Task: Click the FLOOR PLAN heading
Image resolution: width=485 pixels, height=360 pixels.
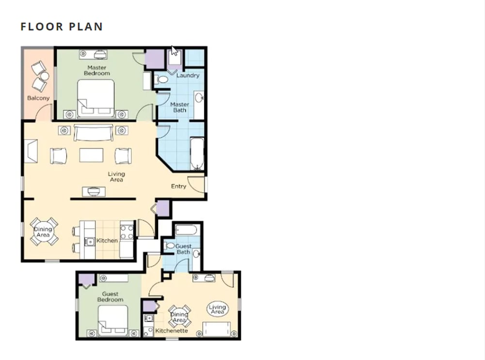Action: pos(62,27)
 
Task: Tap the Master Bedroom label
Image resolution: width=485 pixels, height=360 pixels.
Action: pos(97,70)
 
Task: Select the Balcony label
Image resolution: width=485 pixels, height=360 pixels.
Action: pos(38,98)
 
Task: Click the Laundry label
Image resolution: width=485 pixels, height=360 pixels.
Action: pos(188,75)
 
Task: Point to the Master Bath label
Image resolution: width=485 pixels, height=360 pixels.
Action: pos(180,107)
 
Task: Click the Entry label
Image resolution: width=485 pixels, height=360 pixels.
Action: pos(179,186)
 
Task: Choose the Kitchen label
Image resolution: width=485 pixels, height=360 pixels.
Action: pos(107,241)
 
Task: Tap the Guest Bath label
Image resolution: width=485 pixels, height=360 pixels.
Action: pos(183,249)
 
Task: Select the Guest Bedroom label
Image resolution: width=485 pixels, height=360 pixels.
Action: pos(110,296)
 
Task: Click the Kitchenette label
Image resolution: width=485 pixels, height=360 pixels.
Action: pos(171,330)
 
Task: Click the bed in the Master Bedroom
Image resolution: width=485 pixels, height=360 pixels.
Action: pos(96,98)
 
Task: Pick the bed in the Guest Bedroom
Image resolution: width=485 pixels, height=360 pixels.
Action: pos(113,321)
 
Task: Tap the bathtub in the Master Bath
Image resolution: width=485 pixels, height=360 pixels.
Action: pos(197,154)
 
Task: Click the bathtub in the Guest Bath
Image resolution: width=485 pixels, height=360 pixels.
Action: pos(186,230)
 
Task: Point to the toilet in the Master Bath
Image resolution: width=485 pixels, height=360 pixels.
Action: pos(161,79)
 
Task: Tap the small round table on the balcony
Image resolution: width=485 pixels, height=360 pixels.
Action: pos(44,76)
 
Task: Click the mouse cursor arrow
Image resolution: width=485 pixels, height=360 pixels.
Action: pos(175,51)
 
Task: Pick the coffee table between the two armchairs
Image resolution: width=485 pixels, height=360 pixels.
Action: pos(91,155)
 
